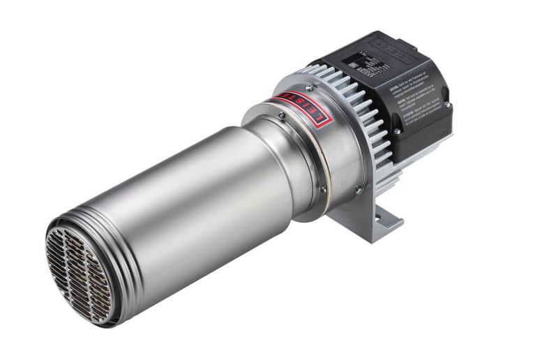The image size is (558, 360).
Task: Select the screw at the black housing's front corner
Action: [x=395, y=130]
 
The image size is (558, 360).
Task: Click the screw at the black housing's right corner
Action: [x=447, y=105]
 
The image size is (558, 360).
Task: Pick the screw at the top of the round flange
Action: [x=307, y=87]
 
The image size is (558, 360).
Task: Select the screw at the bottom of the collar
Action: [x=322, y=188]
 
